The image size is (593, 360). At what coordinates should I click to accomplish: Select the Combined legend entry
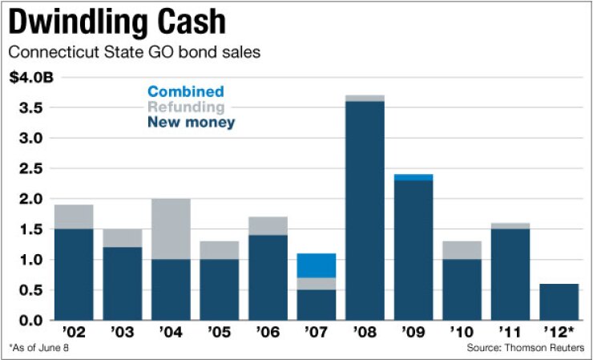pos(185,92)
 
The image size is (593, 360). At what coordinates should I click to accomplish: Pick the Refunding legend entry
pos(186,107)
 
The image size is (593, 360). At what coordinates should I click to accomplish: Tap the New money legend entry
pos(191,123)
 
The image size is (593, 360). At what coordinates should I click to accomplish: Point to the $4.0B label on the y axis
pos(31,78)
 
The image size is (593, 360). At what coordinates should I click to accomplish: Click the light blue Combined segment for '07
pos(317,265)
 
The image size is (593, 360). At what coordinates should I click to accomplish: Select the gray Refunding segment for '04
pos(171,229)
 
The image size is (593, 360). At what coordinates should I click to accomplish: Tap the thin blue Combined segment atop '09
pos(414,177)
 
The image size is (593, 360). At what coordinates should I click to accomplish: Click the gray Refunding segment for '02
pos(74,216)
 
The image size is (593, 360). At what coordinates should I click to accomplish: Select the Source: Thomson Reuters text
pos(525,347)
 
